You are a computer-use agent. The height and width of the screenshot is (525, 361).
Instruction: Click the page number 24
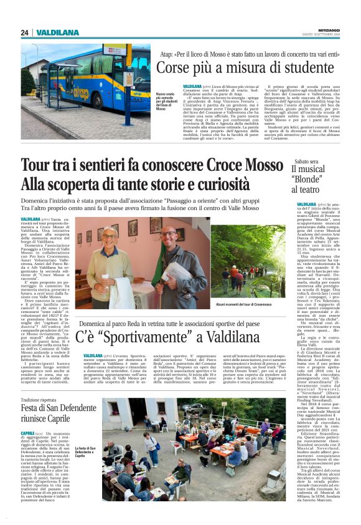click(x=24, y=32)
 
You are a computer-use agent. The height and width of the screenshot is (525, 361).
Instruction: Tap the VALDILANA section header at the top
click(x=57, y=32)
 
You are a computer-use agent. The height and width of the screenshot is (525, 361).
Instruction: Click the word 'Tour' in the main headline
click(x=39, y=166)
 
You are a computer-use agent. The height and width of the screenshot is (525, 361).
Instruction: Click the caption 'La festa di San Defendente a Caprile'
click(x=85, y=451)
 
